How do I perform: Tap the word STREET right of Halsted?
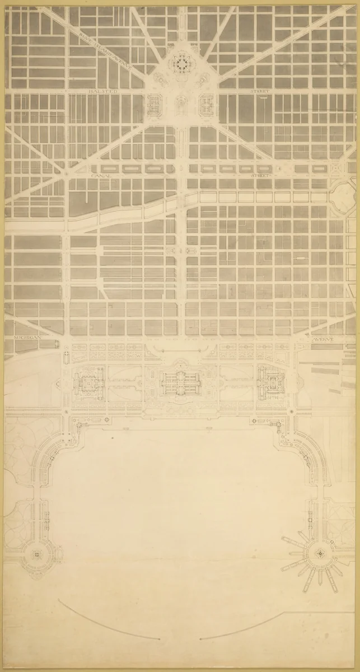(260, 91)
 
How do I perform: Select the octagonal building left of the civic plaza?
(153, 103)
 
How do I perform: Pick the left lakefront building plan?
(88, 383)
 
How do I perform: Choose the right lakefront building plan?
(270, 383)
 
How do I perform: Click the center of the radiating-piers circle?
(320, 553)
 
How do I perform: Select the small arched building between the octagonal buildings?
(180, 104)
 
